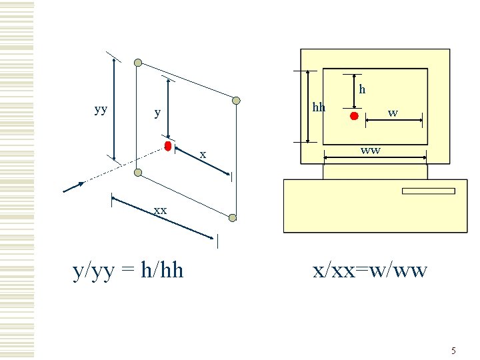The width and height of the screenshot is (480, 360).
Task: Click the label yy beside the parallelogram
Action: pos(101,109)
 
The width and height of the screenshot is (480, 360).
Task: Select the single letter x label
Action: pos(203,155)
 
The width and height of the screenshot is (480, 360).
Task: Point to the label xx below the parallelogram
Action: pos(160,210)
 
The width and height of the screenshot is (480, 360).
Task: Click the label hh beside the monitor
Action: pos(319,107)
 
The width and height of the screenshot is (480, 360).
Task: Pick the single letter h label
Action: pos(362,88)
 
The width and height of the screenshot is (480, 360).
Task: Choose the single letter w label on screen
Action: pos(393,113)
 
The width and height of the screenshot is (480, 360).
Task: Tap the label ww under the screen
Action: pos(371,150)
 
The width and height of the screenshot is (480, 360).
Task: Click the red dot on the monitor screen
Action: pos(355,116)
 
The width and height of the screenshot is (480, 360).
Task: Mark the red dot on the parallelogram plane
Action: pos(169,145)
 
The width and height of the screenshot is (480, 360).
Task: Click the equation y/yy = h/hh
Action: pos(128,270)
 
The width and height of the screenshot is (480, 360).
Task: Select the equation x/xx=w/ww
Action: pos(371,270)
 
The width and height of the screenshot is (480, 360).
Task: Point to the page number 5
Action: pos(453,351)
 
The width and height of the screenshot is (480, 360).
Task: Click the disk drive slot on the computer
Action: pos(428,191)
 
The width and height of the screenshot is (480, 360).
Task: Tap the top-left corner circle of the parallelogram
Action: pos(138,63)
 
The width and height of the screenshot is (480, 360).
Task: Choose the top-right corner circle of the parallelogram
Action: pos(236,101)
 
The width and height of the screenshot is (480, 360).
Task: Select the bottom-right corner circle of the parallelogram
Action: pos(232,217)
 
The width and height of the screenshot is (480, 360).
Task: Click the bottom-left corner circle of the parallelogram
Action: pos(138,173)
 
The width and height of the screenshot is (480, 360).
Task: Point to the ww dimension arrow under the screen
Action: pos(375,158)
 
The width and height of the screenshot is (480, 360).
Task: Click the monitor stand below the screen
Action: pos(375,171)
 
